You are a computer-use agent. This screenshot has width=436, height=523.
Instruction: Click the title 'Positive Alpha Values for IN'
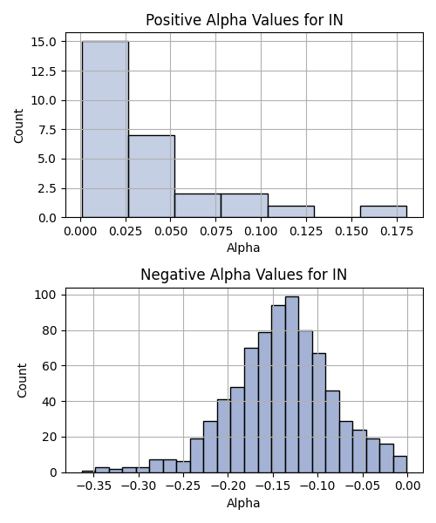pyautogui.click(x=244, y=20)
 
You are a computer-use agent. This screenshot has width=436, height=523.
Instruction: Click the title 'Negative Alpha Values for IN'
pyautogui.click(x=244, y=275)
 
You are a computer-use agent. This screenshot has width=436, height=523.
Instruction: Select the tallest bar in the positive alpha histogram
pyautogui.click(x=106, y=129)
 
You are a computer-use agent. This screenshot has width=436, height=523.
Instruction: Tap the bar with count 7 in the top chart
pyautogui.click(x=152, y=176)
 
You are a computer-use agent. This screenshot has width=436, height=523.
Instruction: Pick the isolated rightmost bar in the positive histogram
pyautogui.click(x=384, y=212)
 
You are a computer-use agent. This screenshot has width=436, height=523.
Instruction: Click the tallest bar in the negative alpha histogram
pyautogui.click(x=292, y=384)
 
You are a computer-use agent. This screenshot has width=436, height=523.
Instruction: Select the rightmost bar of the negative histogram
pyautogui.click(x=400, y=465)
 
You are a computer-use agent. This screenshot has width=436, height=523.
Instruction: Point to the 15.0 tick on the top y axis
pyautogui.click(x=44, y=42)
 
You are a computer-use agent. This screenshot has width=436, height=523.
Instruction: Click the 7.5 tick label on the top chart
pyautogui.click(x=47, y=130)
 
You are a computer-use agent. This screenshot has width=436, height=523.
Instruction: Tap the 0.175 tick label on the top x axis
pyautogui.click(x=397, y=231)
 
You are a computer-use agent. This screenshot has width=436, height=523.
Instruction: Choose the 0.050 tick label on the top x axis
pyautogui.click(x=170, y=231)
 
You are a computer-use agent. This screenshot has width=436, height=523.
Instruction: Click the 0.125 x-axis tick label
pyautogui.click(x=306, y=231)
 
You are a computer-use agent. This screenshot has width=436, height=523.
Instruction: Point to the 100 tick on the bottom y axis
pyautogui.click(x=46, y=295)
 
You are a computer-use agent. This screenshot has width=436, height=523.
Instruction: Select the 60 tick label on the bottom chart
pyautogui.click(x=50, y=366)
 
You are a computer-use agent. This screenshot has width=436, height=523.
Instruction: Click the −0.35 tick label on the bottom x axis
pyautogui.click(x=93, y=486)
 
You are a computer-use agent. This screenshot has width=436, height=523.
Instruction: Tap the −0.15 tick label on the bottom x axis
pyautogui.click(x=273, y=486)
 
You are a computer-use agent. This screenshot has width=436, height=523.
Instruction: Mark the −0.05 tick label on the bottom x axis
pyautogui.click(x=363, y=486)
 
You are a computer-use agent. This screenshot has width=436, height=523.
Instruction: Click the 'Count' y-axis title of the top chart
pyautogui.click(x=18, y=126)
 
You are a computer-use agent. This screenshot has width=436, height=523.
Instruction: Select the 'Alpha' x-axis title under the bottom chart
pyautogui.click(x=243, y=503)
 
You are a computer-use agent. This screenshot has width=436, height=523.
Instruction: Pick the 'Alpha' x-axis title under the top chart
pyautogui.click(x=243, y=248)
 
